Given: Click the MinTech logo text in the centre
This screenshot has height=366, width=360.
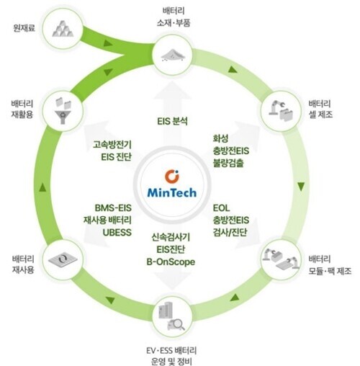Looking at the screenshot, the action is click(x=172, y=192).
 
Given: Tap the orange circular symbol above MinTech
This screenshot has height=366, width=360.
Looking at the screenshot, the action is click(x=172, y=176).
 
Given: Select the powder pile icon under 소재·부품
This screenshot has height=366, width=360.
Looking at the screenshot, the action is click(x=172, y=55).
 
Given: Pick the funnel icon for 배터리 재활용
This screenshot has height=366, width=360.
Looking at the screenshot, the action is click(x=63, y=110).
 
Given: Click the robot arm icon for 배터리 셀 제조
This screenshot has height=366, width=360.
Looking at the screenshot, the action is click(x=281, y=111).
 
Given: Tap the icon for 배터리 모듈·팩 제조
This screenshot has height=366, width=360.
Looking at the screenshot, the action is click(x=281, y=259).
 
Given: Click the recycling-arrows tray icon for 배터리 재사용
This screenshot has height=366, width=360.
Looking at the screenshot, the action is click(x=63, y=259).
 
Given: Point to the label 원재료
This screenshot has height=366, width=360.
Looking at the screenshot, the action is click(x=24, y=28).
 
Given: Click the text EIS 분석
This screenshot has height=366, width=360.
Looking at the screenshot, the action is click(x=172, y=121).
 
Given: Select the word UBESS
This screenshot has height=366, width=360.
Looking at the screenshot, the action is click(x=117, y=233).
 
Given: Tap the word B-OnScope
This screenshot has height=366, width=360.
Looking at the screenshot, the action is click(x=171, y=262).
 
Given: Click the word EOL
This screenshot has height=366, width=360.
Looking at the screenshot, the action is click(x=221, y=208).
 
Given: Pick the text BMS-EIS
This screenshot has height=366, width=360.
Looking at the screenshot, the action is click(x=113, y=208).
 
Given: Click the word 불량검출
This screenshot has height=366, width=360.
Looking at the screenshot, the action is click(x=228, y=163).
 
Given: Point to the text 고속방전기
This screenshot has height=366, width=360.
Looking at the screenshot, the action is click(x=112, y=145).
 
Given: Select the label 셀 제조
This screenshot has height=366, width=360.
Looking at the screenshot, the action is click(x=320, y=115).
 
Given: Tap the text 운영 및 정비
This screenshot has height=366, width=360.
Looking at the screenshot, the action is click(x=171, y=361).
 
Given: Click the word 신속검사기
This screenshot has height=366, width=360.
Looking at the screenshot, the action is click(x=171, y=237).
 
